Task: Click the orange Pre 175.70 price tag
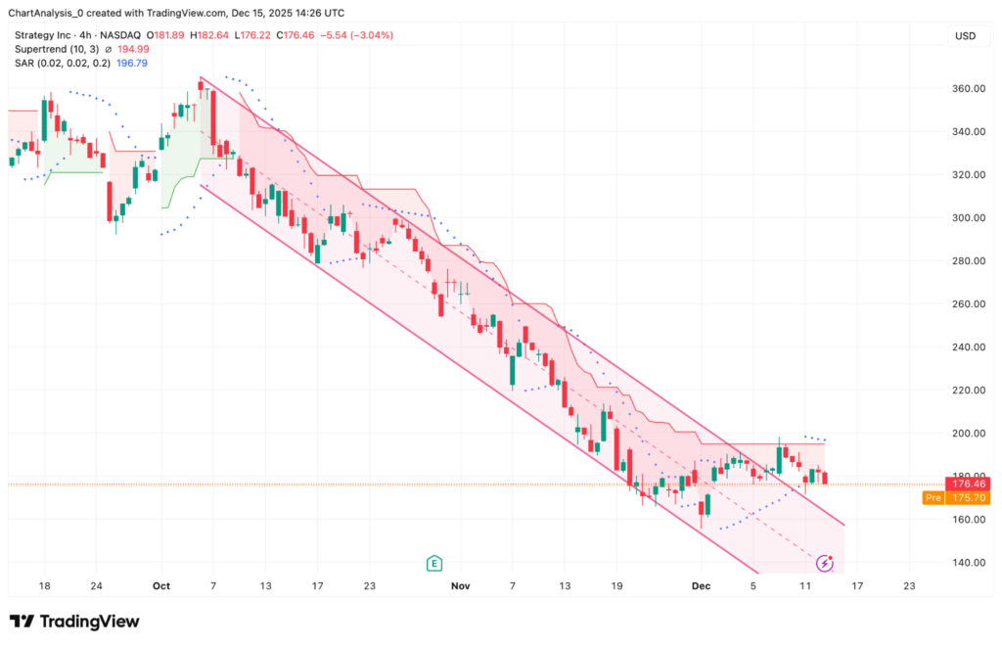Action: click(956, 497)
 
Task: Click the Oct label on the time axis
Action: click(161, 586)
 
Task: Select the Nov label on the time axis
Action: click(461, 586)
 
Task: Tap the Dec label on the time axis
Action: click(701, 586)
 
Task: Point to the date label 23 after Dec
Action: click(909, 586)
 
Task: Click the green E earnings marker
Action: click(433, 563)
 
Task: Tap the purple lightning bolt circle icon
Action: click(825, 563)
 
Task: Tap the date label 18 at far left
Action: click(44, 586)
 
